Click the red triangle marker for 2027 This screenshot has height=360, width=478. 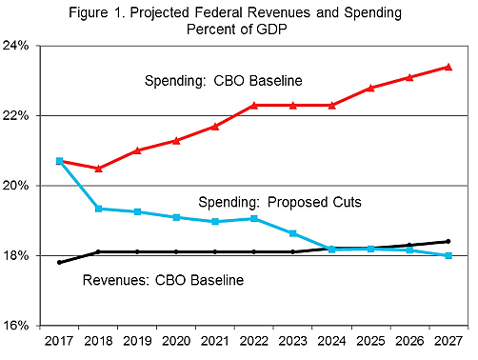point(448,67)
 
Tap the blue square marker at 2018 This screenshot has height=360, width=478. point(98,208)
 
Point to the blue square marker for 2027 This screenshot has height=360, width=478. point(448,255)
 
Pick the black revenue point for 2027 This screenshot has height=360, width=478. point(448,241)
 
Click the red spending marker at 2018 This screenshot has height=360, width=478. point(98,169)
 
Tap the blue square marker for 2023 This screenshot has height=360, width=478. point(292,232)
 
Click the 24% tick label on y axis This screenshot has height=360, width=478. point(23,46)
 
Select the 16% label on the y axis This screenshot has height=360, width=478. point(23,325)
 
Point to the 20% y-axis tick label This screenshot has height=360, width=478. point(23,186)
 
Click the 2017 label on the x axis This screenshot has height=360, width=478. point(59,341)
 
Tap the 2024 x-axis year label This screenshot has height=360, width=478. point(331,341)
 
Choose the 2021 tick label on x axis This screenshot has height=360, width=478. point(214,341)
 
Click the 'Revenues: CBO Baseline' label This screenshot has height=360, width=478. point(163,280)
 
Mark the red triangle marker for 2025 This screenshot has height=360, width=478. point(370,88)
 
